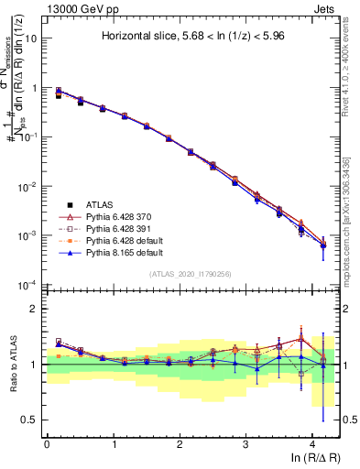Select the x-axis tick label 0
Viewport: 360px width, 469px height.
[47, 442]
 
